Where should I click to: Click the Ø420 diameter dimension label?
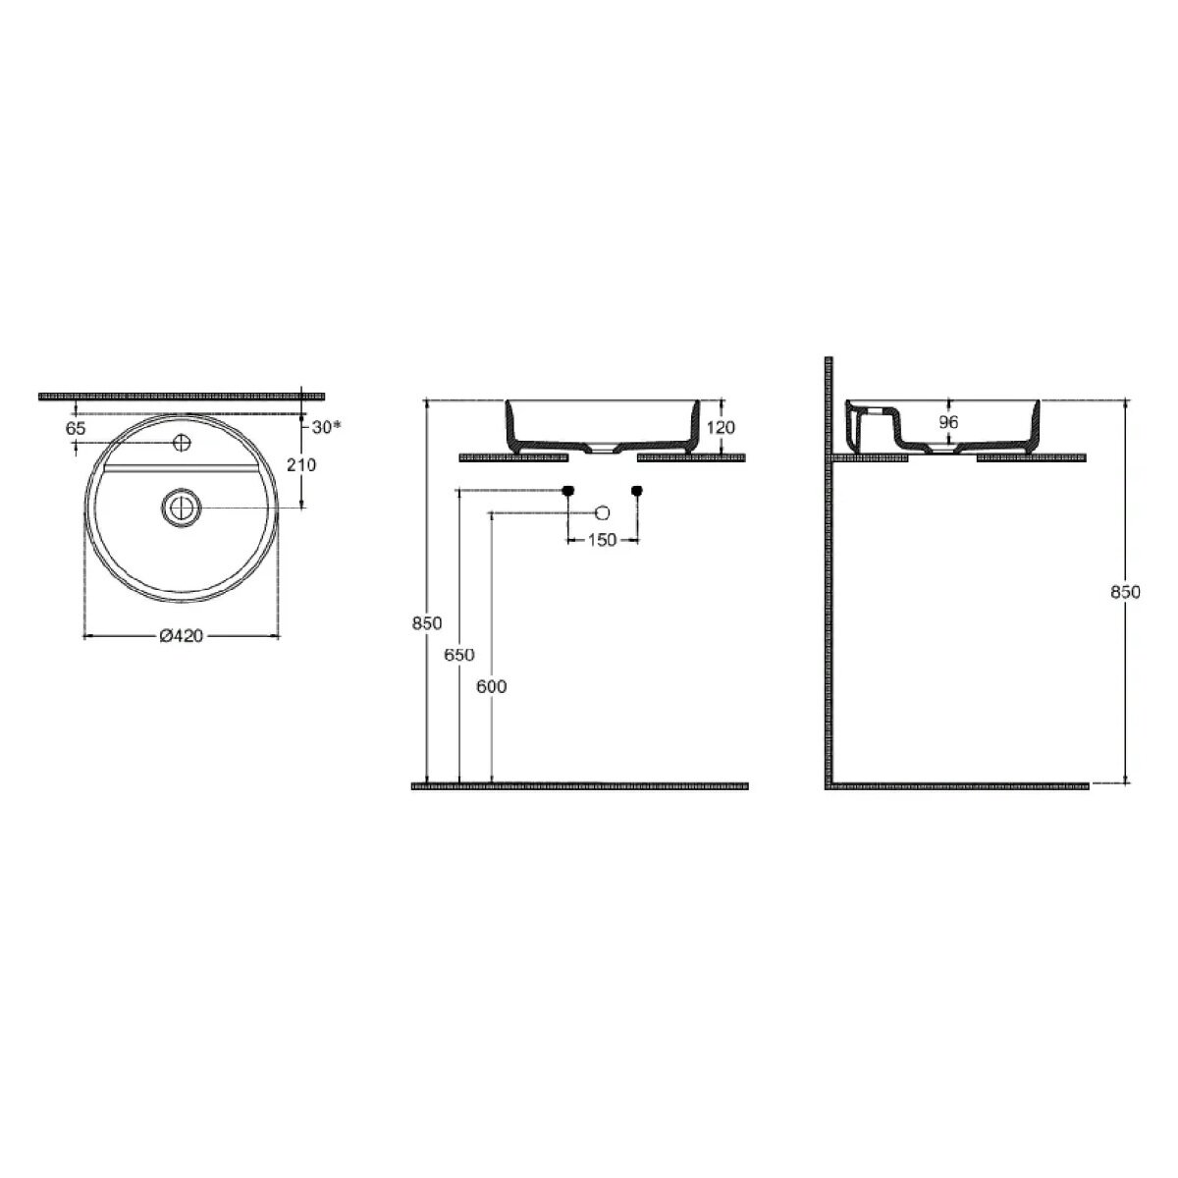(181, 636)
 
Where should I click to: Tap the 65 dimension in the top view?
(76, 429)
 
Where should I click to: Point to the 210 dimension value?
(301, 464)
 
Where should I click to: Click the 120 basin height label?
(721, 427)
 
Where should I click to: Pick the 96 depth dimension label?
(948, 422)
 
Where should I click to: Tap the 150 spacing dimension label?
(602, 540)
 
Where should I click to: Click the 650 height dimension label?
(459, 655)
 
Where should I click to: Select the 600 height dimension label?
(492, 686)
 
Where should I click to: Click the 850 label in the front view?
(427, 623)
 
